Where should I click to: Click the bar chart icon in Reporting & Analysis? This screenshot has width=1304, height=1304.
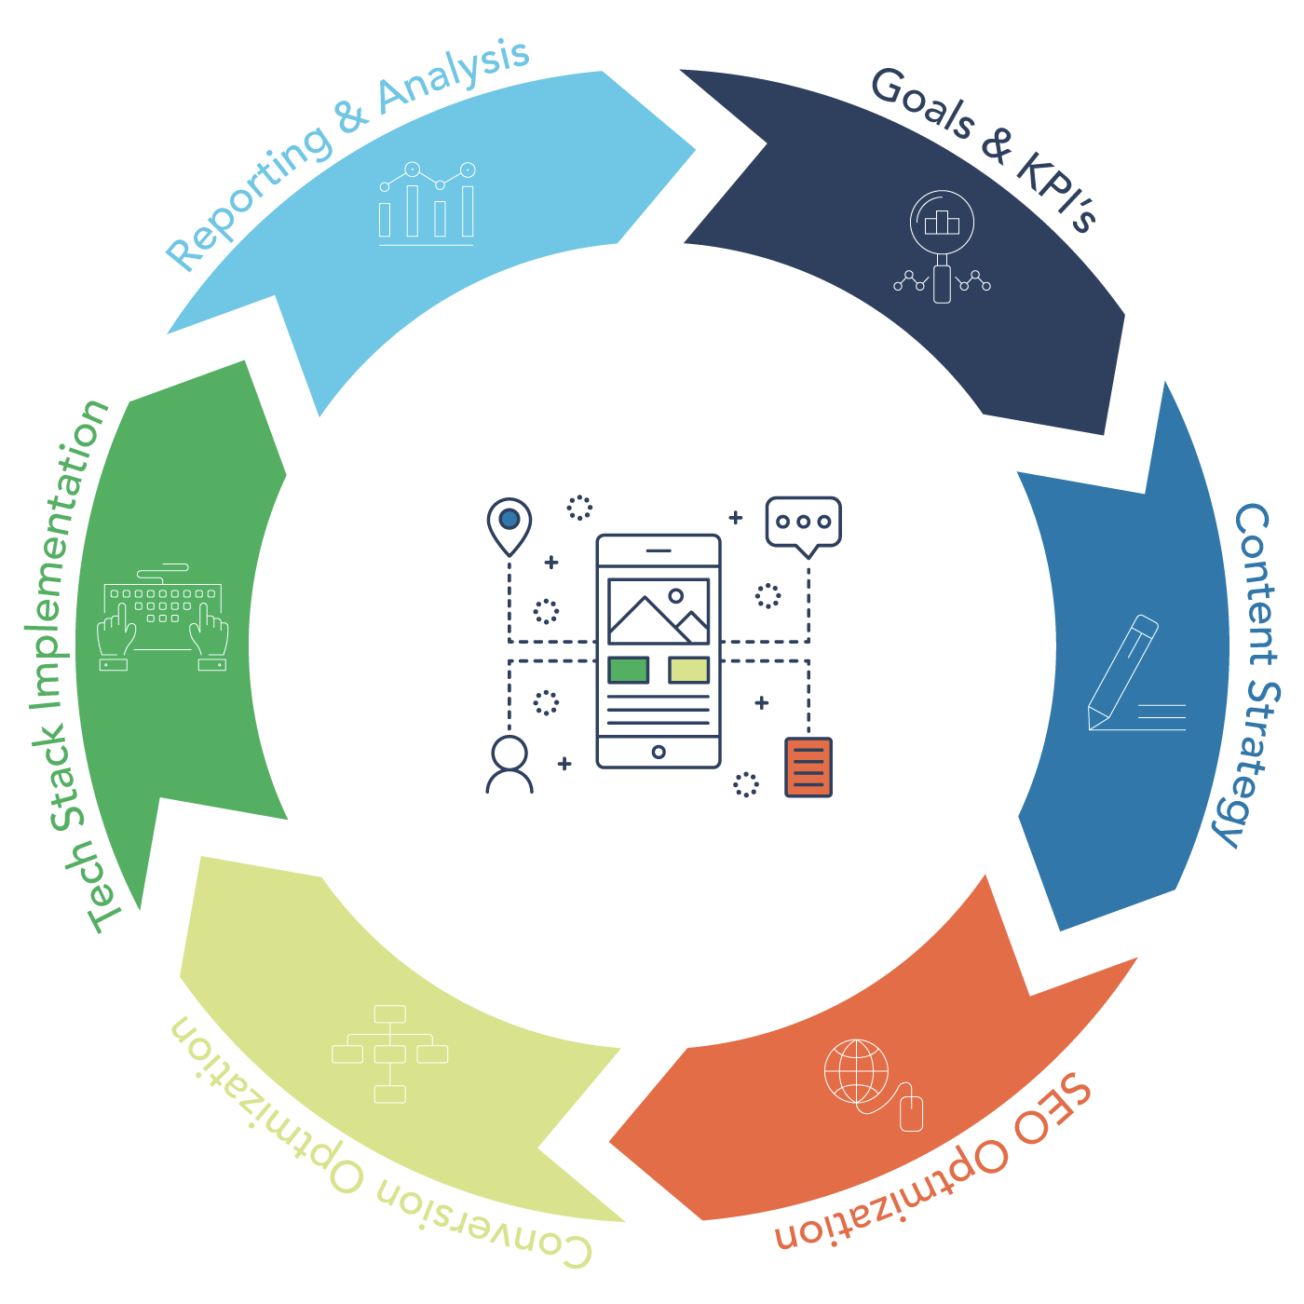(427, 205)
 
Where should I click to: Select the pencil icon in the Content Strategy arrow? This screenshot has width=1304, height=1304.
(1123, 672)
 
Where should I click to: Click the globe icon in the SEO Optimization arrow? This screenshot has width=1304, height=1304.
(857, 1071)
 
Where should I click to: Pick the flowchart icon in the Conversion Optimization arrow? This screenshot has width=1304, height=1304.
(390, 1053)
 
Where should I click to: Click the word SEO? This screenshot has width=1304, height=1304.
(1053, 1112)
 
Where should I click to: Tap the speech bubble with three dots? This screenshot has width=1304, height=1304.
(803, 523)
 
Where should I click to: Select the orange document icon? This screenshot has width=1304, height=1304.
(808, 767)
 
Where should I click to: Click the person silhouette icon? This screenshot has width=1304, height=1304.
(509, 765)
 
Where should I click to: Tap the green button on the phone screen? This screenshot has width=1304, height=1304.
(629, 670)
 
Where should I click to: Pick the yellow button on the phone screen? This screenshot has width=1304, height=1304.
(689, 670)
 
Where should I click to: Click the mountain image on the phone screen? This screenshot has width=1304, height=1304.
(659, 611)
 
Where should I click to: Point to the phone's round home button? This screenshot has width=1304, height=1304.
(659, 752)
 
